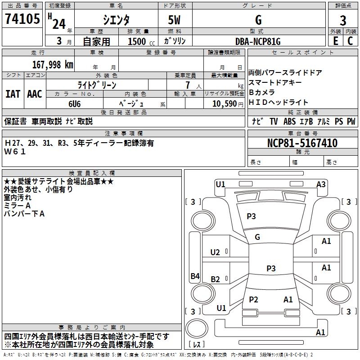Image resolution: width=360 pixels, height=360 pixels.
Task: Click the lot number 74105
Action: pyautogui.click(x=22, y=19)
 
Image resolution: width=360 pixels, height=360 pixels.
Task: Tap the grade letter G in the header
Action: pyautogui.click(x=258, y=19)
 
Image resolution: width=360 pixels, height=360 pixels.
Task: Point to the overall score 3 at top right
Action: pyautogui.click(x=343, y=20)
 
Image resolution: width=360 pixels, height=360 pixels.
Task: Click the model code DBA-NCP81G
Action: pyautogui.click(x=258, y=41)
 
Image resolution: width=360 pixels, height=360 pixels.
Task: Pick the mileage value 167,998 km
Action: pyautogui.click(x=53, y=64)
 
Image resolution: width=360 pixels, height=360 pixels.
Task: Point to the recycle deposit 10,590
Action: pyautogui.click(x=223, y=103)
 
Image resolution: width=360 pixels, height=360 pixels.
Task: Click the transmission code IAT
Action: pyautogui.click(x=13, y=94)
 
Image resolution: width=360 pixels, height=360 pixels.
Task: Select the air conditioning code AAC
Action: pyautogui.click(x=35, y=94)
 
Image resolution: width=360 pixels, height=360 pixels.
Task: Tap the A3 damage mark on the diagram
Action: pyautogui.click(x=321, y=184)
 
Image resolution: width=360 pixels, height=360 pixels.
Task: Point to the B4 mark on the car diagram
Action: pyautogui.click(x=195, y=276)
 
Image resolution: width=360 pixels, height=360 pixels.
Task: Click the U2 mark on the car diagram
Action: pyautogui.click(x=215, y=252)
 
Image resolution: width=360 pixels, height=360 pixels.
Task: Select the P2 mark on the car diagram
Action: pyautogui.click(x=254, y=299)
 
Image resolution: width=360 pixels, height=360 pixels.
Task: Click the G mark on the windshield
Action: pyautogui.click(x=257, y=237)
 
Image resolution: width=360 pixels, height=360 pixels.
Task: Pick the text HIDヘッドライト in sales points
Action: pyautogui.click(x=279, y=102)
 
